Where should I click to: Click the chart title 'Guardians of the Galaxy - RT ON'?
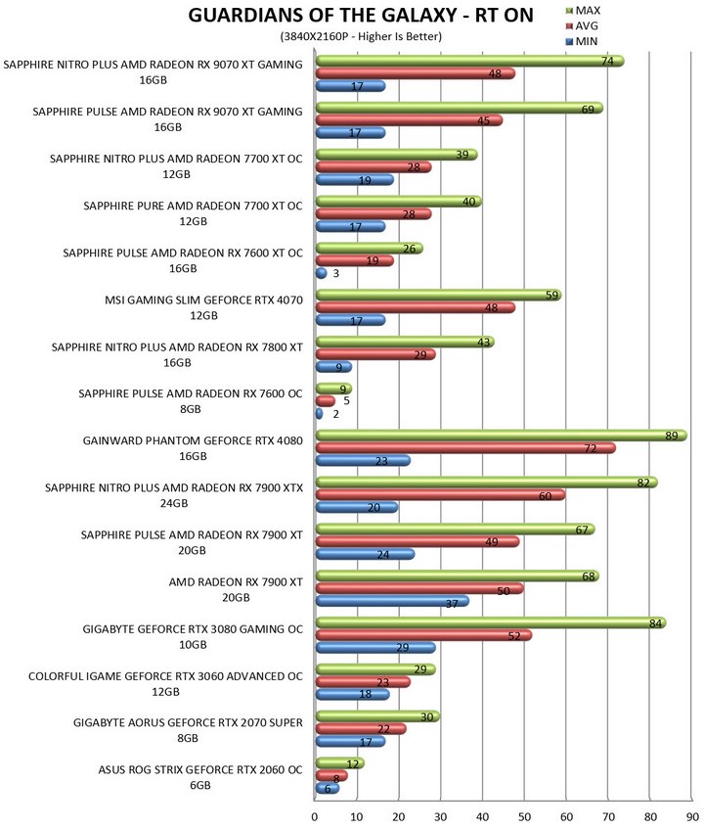pos(361,16)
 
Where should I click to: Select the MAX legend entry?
pos(583,11)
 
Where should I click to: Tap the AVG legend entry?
pos(582,25)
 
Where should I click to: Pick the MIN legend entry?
pos(582,41)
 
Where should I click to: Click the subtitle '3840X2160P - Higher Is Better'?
pos(361,36)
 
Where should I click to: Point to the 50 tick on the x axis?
pos(524,816)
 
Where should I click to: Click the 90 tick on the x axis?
pos(692,816)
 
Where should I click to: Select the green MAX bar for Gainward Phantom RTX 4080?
pos(502,436)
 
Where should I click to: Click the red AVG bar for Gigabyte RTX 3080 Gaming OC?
pos(423,636)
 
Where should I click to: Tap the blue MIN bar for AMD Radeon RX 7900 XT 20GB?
pos(392,601)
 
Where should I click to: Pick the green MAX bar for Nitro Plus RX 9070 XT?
pos(469,62)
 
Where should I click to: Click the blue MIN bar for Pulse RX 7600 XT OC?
pos(321,273)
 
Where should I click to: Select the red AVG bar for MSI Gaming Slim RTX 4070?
pos(416,307)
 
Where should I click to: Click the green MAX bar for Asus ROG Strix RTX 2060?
pos(340,763)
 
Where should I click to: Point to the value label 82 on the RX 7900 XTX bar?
pos(643,483)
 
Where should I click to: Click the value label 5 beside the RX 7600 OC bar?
pos(346,401)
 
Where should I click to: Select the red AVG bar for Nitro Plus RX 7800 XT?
pos(375,354)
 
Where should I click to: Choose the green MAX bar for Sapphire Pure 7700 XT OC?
pos(399,202)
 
